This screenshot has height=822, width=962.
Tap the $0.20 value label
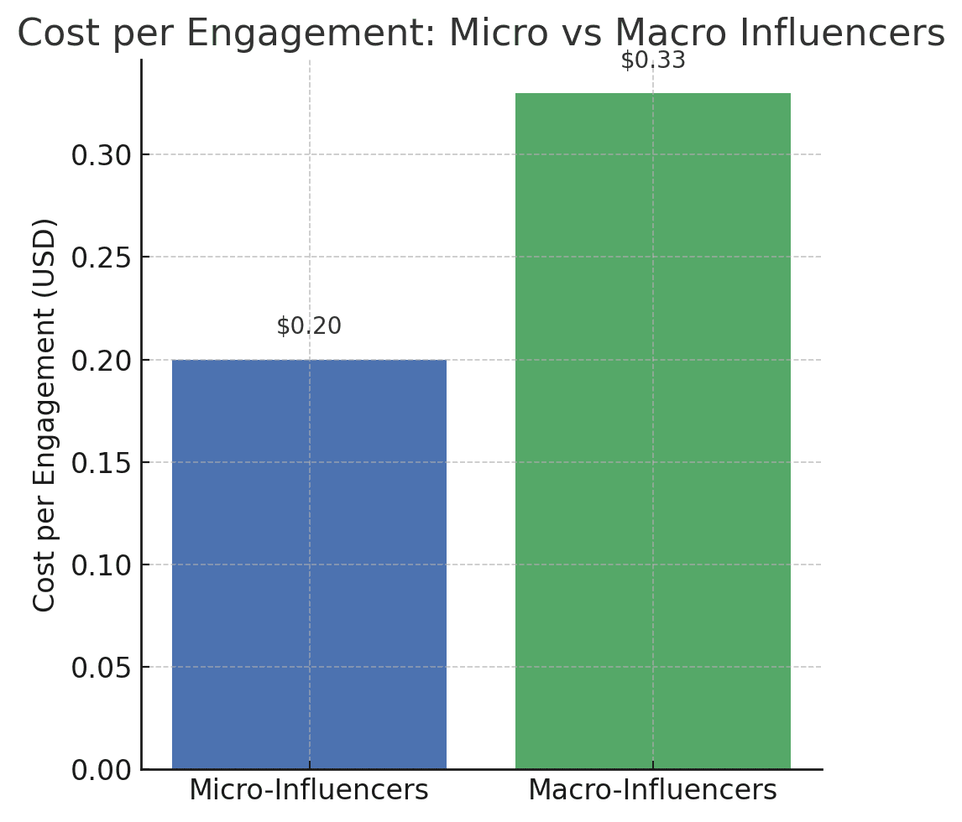(309, 326)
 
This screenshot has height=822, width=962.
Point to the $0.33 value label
(652, 60)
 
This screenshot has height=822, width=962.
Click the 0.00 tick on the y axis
(101, 770)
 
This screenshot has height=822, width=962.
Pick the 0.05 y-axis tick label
(101, 668)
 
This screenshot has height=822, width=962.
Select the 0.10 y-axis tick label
(101, 565)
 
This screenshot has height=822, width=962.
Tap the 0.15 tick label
(101, 463)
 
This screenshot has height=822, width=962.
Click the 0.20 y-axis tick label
(101, 361)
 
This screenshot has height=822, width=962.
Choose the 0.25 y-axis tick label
(101, 258)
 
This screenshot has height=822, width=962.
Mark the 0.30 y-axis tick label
(101, 155)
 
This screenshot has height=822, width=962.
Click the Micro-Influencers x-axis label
(309, 790)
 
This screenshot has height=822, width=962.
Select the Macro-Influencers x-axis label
(652, 790)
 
